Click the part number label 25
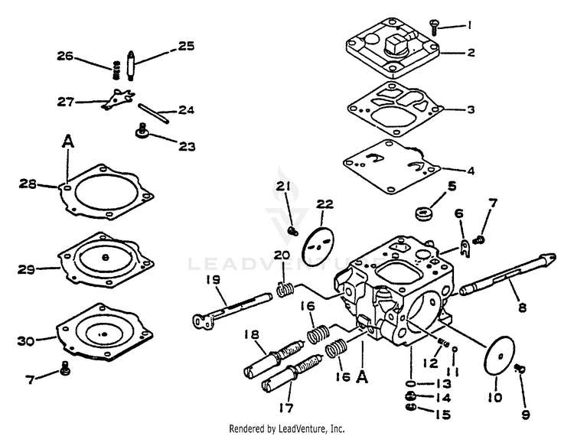186,46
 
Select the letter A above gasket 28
68,141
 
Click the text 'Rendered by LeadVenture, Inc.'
287,429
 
